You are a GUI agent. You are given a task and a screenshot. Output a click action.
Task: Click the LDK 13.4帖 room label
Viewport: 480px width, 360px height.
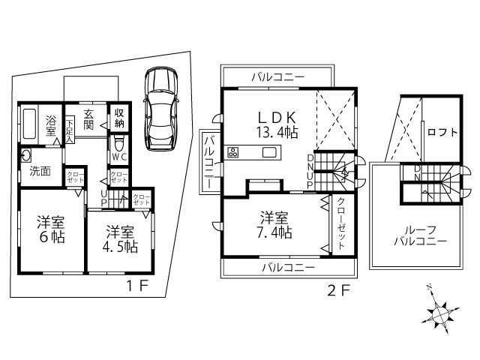(x=277, y=124)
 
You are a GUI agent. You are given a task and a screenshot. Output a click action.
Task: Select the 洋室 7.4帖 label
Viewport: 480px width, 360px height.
(x=275, y=224)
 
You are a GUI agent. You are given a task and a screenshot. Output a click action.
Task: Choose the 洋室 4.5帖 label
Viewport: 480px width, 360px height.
(x=120, y=238)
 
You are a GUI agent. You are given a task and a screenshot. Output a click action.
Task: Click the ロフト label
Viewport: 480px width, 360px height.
(x=442, y=132)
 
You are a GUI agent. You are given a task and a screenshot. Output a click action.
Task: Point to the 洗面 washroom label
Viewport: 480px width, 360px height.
(x=40, y=170)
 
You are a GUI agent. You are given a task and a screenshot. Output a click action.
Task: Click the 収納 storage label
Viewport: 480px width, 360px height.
(x=119, y=118)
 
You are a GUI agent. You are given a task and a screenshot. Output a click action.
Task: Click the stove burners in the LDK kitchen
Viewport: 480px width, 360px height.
(x=232, y=153)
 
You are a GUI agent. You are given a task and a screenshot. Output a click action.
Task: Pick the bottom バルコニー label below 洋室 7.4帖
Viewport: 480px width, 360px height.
(x=286, y=267)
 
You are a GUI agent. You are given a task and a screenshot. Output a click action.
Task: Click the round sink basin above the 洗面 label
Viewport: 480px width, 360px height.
(x=26, y=156)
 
